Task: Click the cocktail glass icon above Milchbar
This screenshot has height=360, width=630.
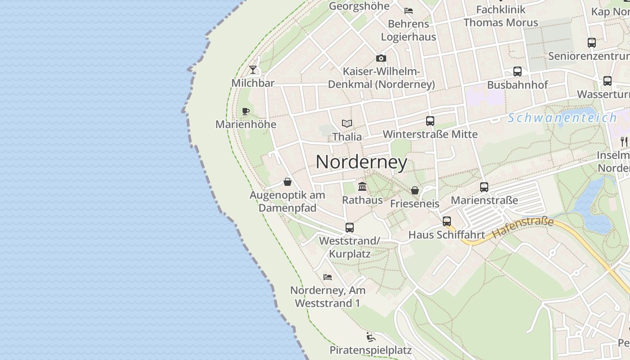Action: [x=253, y=70]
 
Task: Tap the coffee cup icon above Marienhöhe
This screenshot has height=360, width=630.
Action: [x=245, y=111]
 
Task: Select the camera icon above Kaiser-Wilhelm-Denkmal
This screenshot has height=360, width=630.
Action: [x=381, y=58]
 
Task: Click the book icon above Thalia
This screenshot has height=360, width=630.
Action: [x=346, y=123]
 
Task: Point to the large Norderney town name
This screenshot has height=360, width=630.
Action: [x=361, y=162]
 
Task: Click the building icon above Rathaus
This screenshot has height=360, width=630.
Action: [x=362, y=186]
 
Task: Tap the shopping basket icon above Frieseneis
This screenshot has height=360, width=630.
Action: [x=415, y=190]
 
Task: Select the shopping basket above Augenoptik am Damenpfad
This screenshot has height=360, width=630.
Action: [x=288, y=182]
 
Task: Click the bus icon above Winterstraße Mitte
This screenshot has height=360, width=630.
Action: [x=430, y=121]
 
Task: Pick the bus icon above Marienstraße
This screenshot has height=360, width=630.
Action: [x=484, y=187]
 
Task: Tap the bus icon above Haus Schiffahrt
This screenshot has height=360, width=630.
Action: [x=447, y=221]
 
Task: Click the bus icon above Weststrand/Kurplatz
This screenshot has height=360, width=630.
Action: [x=350, y=228]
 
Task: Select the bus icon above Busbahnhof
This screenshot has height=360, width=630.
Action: [x=517, y=72]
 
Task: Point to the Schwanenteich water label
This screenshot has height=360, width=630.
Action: [x=562, y=118]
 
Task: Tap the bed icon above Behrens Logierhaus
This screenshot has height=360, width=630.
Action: [x=409, y=11]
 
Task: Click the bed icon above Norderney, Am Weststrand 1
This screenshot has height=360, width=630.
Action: [x=328, y=277]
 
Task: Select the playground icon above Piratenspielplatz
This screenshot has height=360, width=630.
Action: [x=370, y=337]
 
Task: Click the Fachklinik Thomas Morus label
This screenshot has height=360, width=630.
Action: [x=500, y=16]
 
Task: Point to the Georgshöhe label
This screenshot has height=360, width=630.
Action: [x=359, y=6]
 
